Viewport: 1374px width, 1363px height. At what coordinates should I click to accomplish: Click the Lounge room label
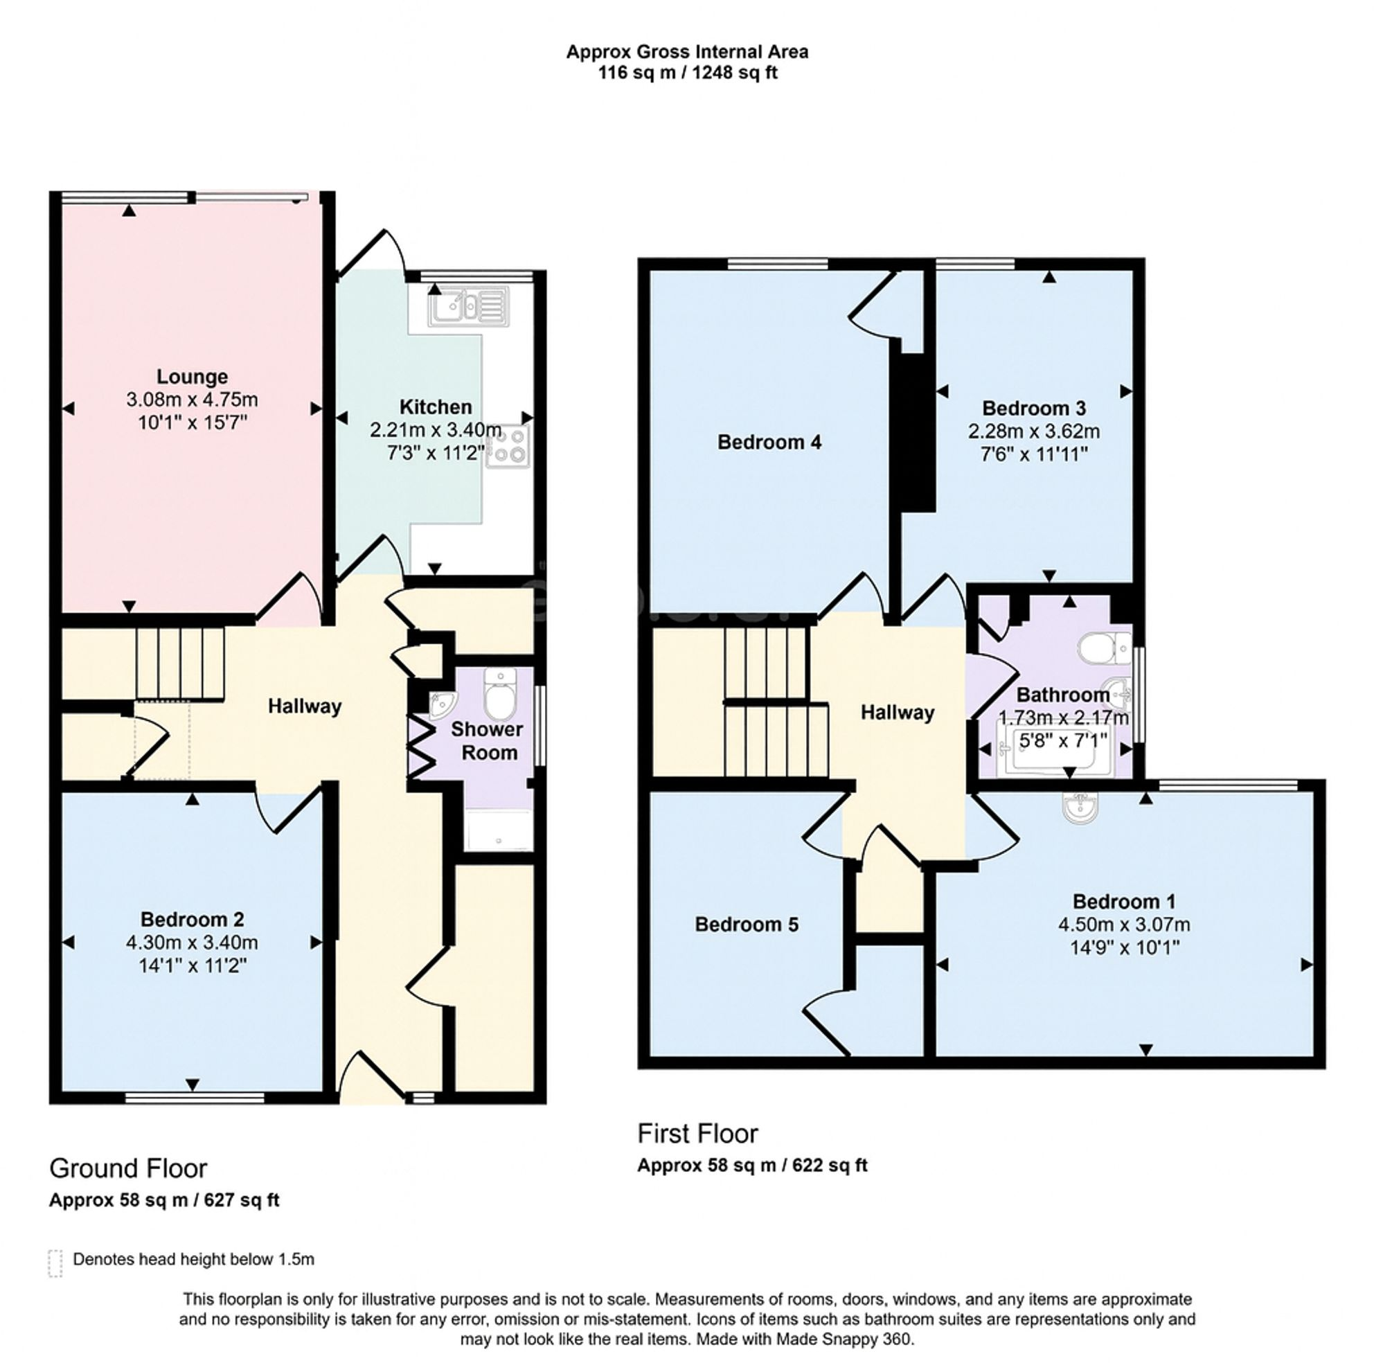click(192, 376)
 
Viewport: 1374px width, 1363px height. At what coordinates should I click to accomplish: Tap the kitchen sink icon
click(468, 307)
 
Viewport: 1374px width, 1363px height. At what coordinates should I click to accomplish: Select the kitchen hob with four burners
click(508, 445)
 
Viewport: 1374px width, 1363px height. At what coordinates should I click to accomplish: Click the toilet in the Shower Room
click(500, 694)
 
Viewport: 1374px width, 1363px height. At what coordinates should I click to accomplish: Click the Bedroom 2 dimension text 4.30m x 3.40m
click(192, 943)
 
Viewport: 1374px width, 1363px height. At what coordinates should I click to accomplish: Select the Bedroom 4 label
click(769, 443)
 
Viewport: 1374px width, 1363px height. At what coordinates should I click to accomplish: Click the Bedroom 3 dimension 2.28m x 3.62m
click(1033, 431)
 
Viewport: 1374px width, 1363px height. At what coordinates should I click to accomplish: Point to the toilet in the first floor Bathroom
click(1102, 648)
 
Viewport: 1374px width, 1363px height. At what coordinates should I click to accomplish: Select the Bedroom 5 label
click(746, 924)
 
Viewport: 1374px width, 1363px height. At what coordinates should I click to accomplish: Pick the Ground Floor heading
click(128, 1168)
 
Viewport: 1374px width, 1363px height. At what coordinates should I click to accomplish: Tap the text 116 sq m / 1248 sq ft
click(687, 73)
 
